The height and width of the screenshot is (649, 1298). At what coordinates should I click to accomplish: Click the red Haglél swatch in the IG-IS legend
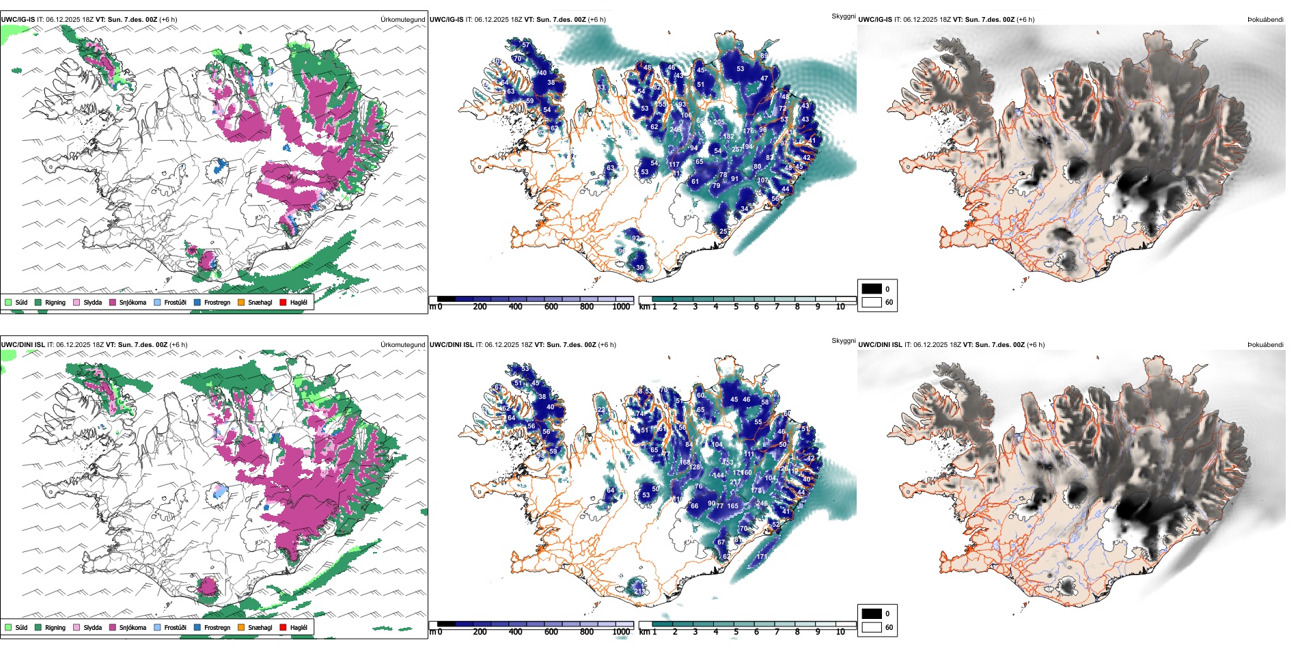point(283,302)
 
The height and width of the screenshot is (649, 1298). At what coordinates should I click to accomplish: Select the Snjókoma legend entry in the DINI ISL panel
point(132,627)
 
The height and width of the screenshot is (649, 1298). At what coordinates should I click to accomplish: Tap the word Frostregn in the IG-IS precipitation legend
point(217,302)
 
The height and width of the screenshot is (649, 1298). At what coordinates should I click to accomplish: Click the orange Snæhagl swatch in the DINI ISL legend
point(241,627)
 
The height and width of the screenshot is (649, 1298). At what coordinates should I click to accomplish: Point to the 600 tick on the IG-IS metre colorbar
point(551,307)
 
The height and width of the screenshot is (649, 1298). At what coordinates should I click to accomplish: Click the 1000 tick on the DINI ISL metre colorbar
point(621,632)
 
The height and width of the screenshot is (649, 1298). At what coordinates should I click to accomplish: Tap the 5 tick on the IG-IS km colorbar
point(736,307)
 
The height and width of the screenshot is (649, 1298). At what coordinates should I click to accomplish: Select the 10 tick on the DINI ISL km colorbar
point(840,632)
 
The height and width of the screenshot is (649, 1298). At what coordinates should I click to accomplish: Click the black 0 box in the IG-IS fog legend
point(872,289)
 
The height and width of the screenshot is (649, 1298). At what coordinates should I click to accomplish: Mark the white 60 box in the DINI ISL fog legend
point(872,627)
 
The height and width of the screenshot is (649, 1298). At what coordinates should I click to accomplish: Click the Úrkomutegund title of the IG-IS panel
point(402,20)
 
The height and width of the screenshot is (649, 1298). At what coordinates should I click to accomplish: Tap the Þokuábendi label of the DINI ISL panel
point(1265,345)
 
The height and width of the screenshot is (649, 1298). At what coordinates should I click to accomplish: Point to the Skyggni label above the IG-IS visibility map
point(843,16)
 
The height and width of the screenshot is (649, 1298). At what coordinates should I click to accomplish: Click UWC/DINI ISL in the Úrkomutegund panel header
point(23,345)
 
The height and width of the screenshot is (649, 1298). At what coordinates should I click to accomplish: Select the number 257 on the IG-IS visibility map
point(737,149)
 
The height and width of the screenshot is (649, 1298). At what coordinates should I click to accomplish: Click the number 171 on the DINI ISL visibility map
point(762,557)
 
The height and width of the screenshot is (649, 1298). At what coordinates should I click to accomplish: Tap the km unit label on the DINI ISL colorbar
point(644,632)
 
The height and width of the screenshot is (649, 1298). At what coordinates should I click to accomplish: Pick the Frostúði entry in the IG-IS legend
point(175,302)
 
